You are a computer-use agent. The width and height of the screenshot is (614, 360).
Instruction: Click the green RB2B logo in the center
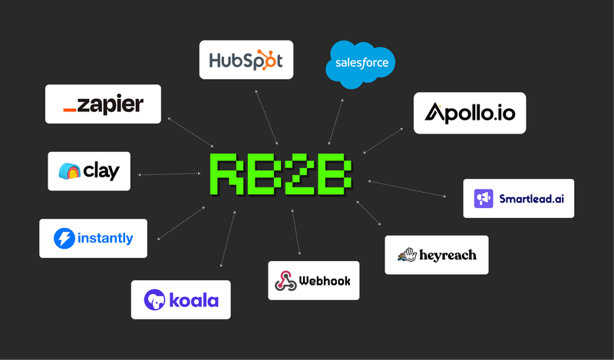tap(282, 175)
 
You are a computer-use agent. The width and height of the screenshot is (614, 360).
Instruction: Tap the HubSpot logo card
tap(246, 60)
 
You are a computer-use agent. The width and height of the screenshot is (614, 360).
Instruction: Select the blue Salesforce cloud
tap(361, 63)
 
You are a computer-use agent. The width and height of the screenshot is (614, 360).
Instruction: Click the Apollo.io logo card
tap(470, 114)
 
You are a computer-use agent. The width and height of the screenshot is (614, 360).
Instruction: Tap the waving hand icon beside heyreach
tap(406, 255)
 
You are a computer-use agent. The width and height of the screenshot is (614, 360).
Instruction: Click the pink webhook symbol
tap(286, 281)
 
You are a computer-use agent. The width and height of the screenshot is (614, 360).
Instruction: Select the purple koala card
tap(180, 299)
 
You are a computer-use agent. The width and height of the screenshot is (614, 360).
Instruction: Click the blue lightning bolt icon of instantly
tap(64, 239)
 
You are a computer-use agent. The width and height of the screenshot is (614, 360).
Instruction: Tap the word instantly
tap(105, 239)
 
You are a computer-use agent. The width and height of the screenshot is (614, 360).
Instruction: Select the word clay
tap(101, 170)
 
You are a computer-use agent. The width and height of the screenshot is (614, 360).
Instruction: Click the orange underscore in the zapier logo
tap(70, 111)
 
